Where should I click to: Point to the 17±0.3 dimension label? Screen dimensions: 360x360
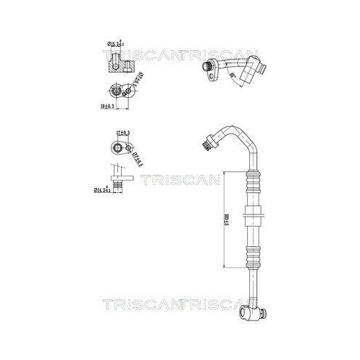pos(122,132)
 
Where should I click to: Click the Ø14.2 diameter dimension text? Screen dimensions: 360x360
pos(105,190)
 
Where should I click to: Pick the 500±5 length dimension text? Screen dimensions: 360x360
pos(226,223)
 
